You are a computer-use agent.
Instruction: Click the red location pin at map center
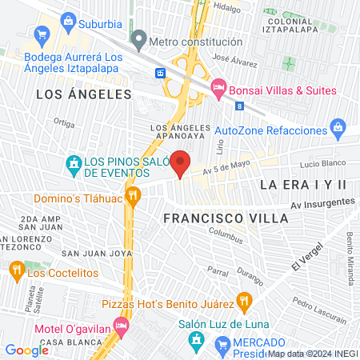tap(181, 163)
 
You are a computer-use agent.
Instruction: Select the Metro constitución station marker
tap(139, 38)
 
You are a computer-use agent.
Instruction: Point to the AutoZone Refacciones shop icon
tap(338, 128)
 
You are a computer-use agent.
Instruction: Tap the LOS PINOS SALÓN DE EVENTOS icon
tap(74, 166)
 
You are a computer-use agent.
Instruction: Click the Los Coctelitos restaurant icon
tap(17, 272)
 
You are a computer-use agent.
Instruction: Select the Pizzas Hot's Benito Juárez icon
tap(246, 302)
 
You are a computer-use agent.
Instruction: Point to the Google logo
tap(27, 350)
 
